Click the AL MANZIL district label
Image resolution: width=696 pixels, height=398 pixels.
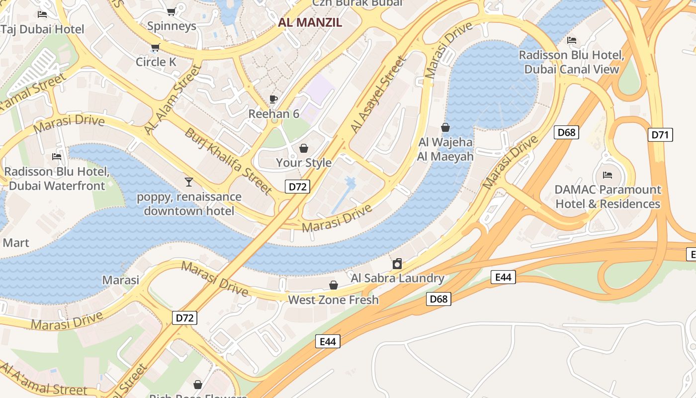click(310, 22)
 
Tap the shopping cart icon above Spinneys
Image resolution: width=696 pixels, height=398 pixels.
click(171, 11)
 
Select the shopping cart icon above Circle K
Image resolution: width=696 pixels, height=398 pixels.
click(155, 48)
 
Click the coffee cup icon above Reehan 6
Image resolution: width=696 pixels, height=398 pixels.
click(273, 99)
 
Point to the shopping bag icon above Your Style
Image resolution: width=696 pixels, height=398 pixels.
click(303, 148)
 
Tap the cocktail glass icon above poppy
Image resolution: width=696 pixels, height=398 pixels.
click(188, 182)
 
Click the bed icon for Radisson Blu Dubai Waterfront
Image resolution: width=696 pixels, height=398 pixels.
click(57, 157)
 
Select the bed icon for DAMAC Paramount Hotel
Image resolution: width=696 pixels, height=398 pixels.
click(607, 175)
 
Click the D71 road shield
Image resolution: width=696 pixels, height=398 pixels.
click(661, 134)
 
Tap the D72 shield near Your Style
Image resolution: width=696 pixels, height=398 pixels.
click(298, 187)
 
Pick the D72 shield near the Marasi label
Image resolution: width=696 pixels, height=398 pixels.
click(185, 318)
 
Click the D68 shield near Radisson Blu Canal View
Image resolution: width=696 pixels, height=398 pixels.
click(566, 132)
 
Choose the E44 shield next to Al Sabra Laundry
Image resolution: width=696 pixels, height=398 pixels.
click(503, 277)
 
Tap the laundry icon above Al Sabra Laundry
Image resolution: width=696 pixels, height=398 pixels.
click(397, 264)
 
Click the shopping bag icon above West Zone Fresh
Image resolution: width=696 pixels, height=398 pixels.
click(333, 285)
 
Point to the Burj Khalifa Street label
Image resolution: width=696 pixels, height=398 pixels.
click(228, 161)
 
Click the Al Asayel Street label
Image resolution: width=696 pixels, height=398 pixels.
click(378, 95)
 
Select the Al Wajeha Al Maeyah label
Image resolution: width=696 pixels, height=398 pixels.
click(445, 149)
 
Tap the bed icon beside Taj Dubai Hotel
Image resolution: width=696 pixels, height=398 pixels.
click(42, 14)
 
